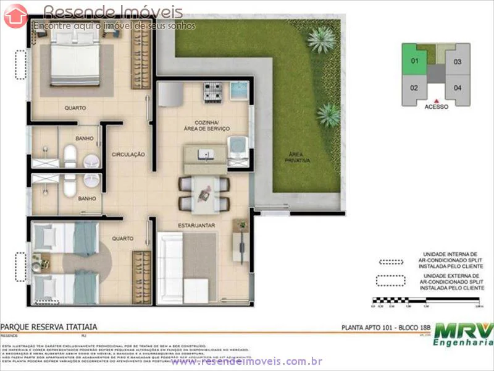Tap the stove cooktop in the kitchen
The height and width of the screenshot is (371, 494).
[x=213, y=92]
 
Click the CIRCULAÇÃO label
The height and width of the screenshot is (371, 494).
[x=128, y=154]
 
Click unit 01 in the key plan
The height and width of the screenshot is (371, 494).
[x=414, y=61]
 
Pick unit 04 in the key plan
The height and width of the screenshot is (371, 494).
[x=457, y=88]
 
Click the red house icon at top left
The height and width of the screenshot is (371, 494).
[x=15, y=15]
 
